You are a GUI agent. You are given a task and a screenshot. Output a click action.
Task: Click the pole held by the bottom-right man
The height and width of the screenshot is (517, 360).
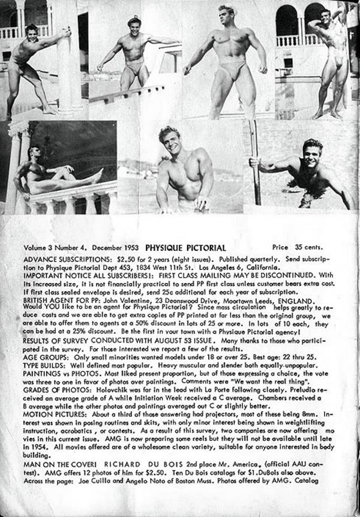click(x=255, y=162)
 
